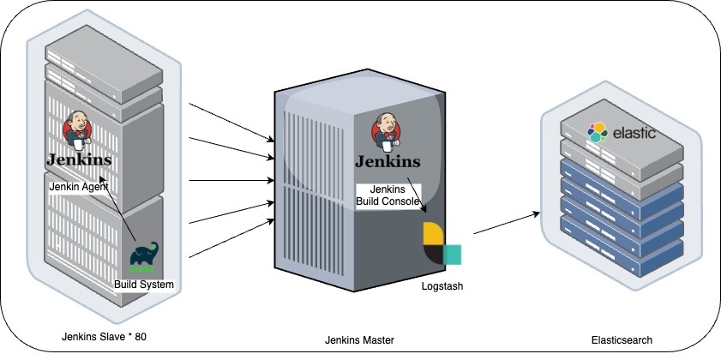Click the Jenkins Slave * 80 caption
104,337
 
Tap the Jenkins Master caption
359,340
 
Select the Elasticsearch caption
622,340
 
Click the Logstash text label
442,286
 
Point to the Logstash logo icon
442,243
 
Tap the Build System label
144,285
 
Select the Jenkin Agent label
79,187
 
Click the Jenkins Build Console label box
388,195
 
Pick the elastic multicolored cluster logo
598,132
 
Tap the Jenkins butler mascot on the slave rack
77,130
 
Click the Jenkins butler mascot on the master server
387,131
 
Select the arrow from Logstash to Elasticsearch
507,223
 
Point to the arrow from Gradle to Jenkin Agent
117,208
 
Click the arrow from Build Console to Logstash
416,195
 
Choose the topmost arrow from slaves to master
231,123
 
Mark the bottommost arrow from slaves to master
231,238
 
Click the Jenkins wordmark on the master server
388,161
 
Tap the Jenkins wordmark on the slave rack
79,159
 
